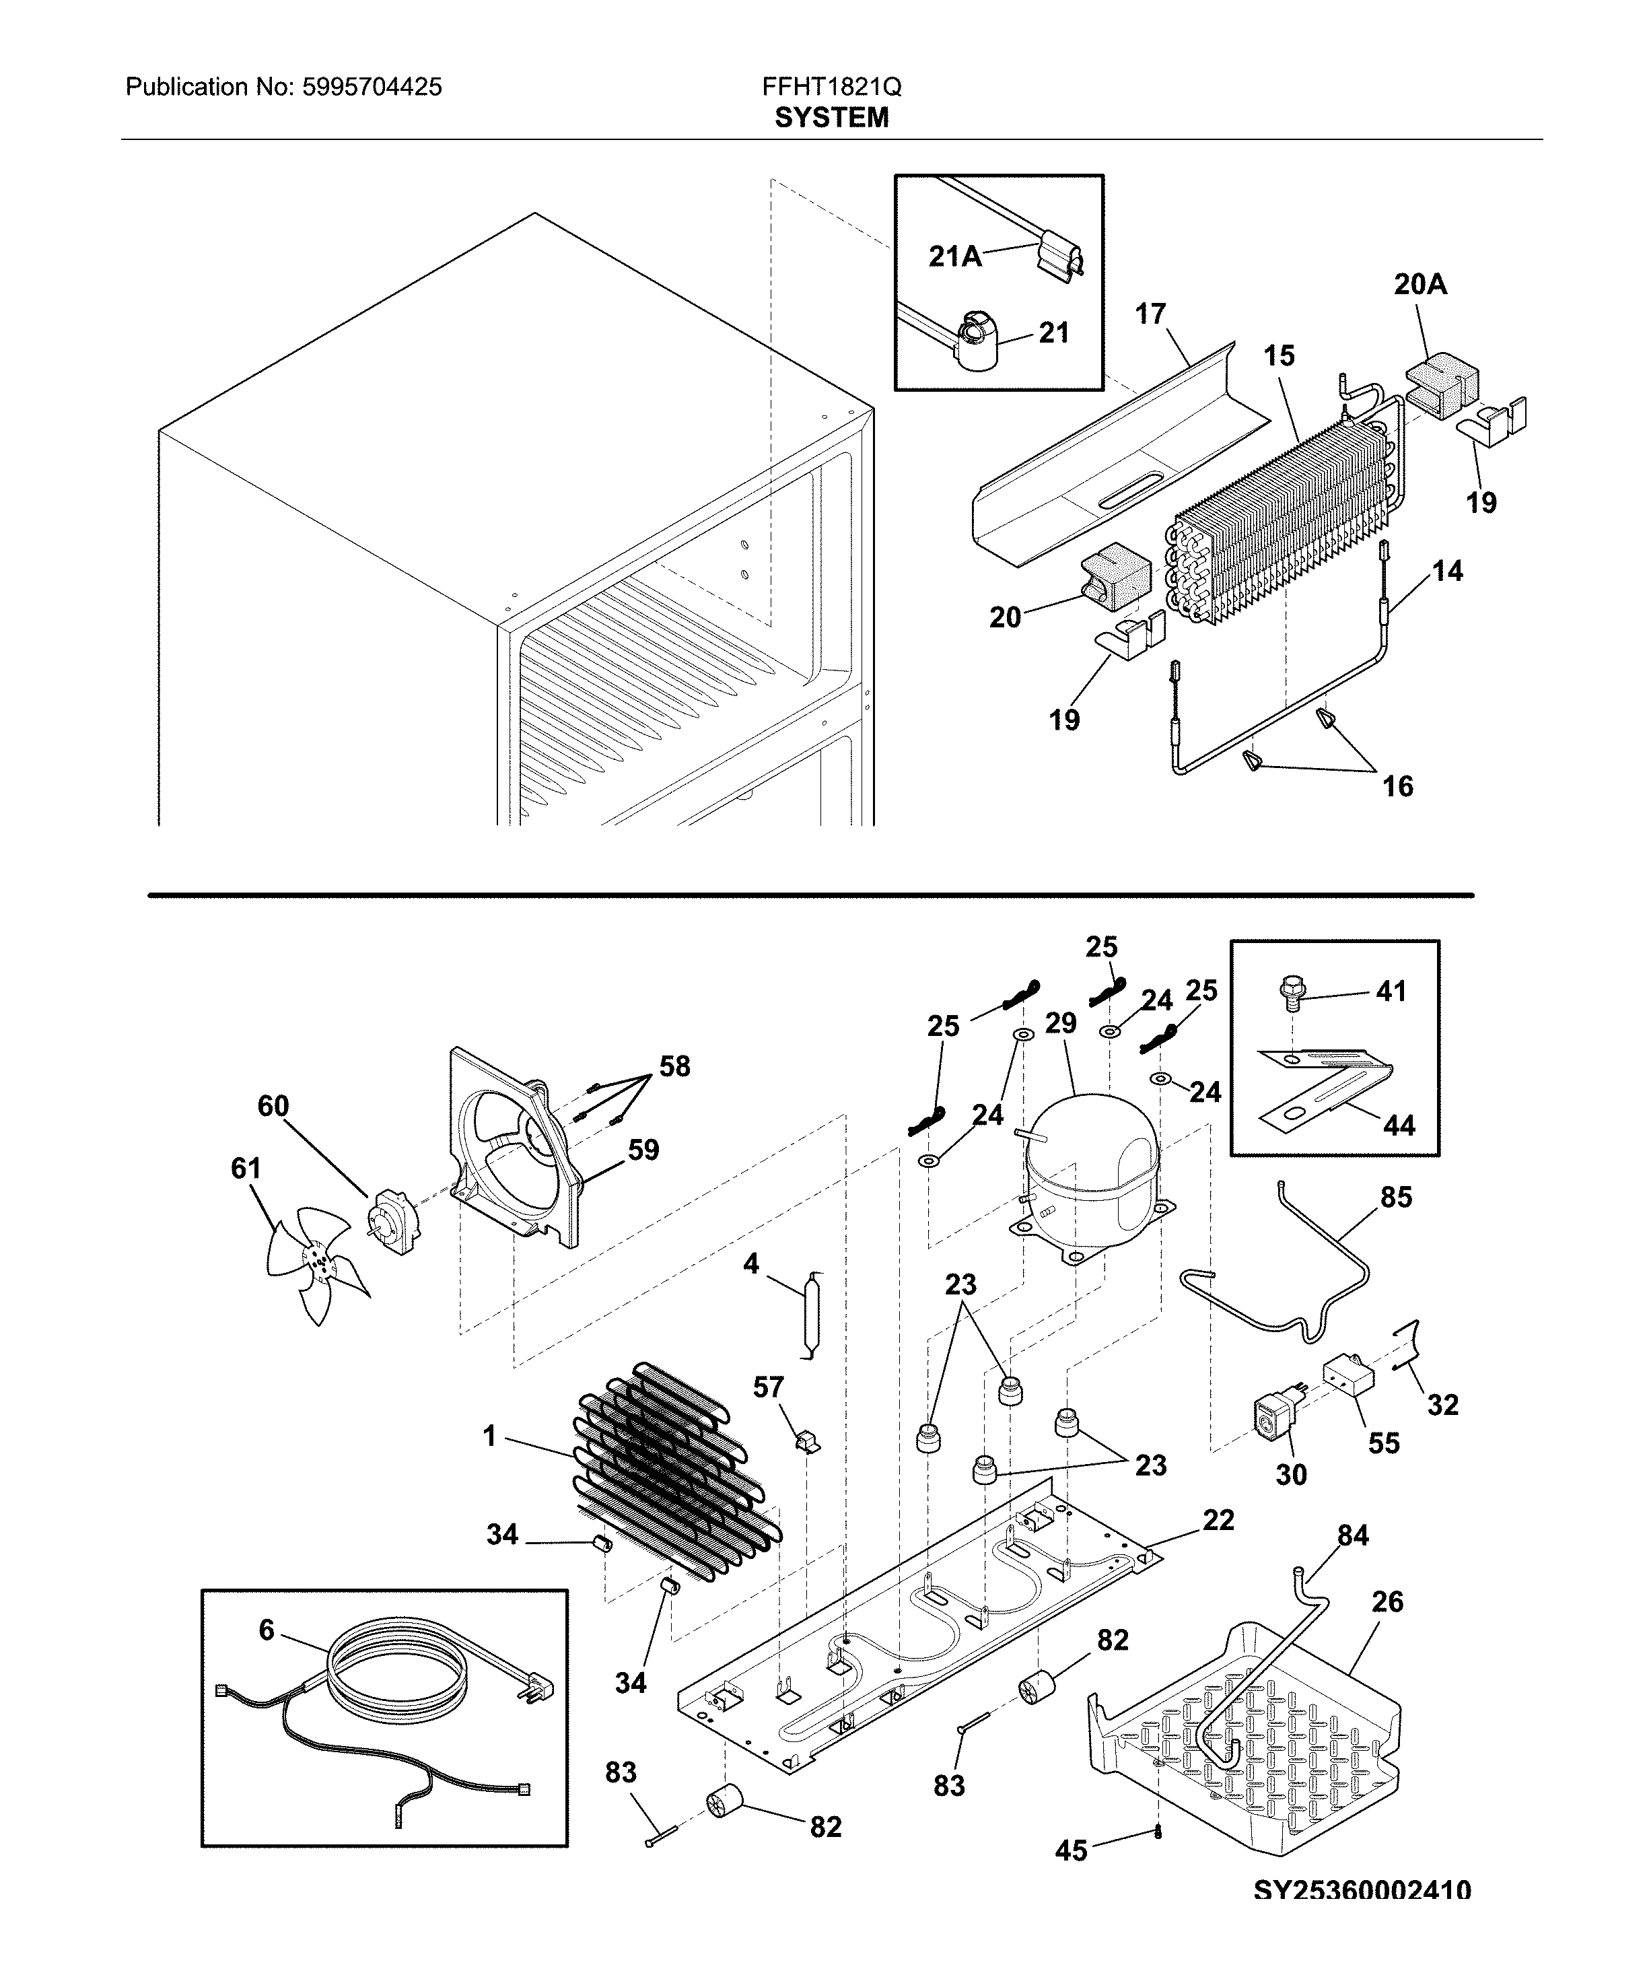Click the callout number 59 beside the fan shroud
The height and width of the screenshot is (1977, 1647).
(643, 1150)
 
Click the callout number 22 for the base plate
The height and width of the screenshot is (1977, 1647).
(1218, 1519)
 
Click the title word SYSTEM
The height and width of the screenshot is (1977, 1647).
(831, 118)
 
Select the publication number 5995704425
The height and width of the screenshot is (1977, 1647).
(372, 88)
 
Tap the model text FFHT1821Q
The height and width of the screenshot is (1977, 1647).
(831, 88)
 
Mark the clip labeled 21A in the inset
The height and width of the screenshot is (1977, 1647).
(1059, 259)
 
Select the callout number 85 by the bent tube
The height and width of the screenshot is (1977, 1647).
(1396, 1198)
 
